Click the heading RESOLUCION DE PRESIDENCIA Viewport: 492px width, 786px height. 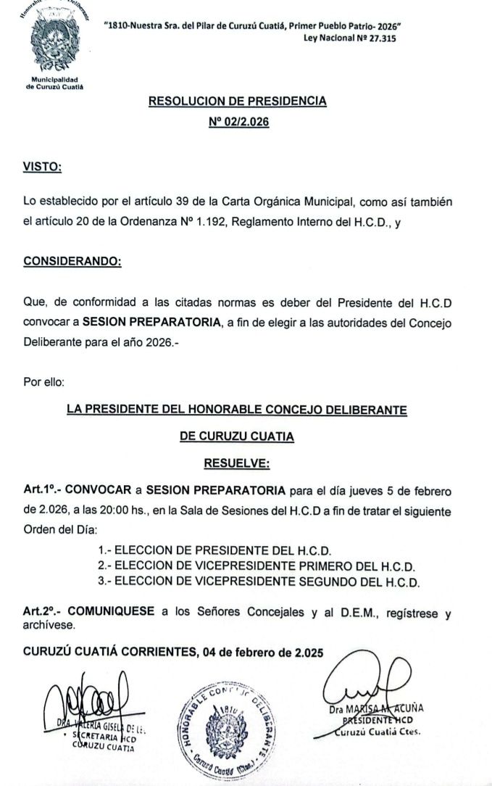click(237, 102)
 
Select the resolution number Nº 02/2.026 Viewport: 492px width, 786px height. click(238, 123)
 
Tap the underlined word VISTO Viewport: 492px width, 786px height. click(42, 167)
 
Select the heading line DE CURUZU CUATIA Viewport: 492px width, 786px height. click(237, 437)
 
